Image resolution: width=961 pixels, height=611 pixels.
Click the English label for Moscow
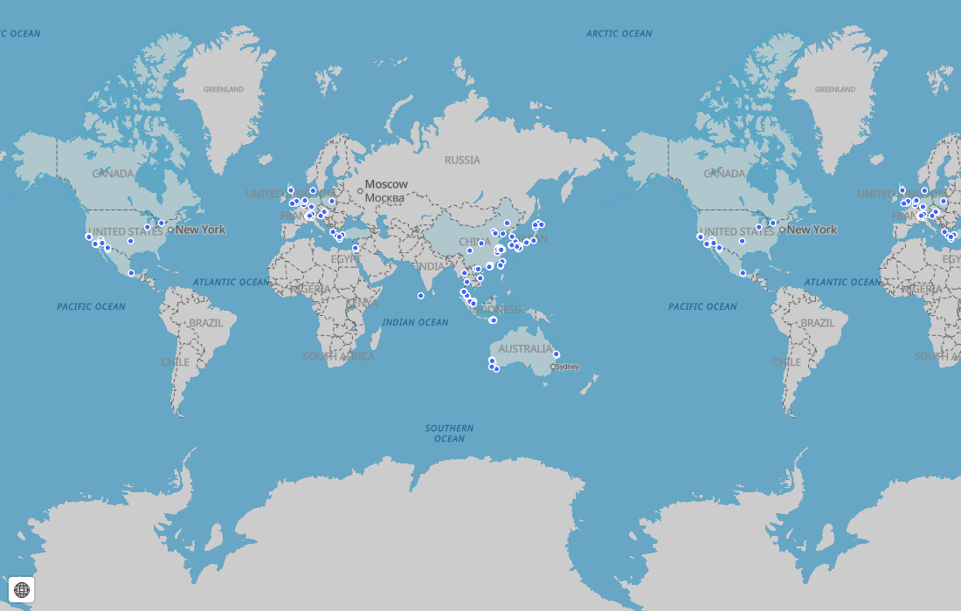386,184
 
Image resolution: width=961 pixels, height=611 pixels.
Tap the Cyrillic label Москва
384,198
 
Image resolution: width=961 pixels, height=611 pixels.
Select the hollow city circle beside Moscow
360,190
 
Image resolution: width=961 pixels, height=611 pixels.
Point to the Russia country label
462,160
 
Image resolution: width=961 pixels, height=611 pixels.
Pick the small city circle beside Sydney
553,367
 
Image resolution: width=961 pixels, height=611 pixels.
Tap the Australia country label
525,349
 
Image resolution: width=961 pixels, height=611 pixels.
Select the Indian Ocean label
415,323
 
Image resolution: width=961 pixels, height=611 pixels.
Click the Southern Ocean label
449,433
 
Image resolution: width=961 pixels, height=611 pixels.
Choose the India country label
430,266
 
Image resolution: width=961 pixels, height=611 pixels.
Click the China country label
474,242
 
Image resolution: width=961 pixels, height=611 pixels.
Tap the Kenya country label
362,303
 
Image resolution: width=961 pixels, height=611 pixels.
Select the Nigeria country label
310,288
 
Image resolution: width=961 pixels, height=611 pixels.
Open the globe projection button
22,590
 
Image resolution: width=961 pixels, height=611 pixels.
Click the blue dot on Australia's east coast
557,354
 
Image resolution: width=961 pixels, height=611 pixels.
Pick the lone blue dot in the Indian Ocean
421,296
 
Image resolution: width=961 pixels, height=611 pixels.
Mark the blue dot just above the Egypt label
355,248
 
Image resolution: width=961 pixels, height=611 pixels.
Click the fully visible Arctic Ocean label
619,34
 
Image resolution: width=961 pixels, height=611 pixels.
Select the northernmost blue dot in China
507,223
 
